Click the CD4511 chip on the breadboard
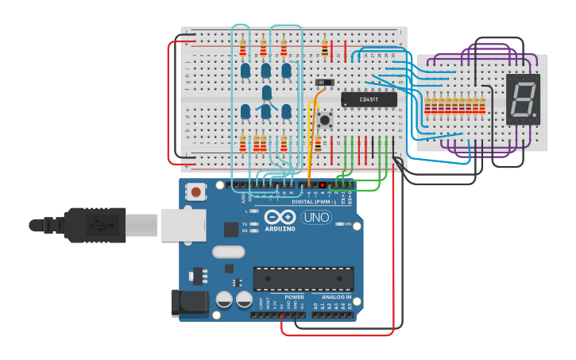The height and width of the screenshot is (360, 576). [369, 99]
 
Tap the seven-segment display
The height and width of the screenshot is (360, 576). [522, 99]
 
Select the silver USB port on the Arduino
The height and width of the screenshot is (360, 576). [183, 224]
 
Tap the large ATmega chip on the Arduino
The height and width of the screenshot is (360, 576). [303, 279]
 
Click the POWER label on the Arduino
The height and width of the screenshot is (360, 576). [294, 297]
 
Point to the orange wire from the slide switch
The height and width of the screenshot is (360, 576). [311, 127]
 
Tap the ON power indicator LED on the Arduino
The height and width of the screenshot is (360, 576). [338, 225]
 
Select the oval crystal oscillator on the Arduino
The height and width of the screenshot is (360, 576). [229, 252]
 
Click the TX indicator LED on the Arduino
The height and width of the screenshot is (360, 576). [253, 224]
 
